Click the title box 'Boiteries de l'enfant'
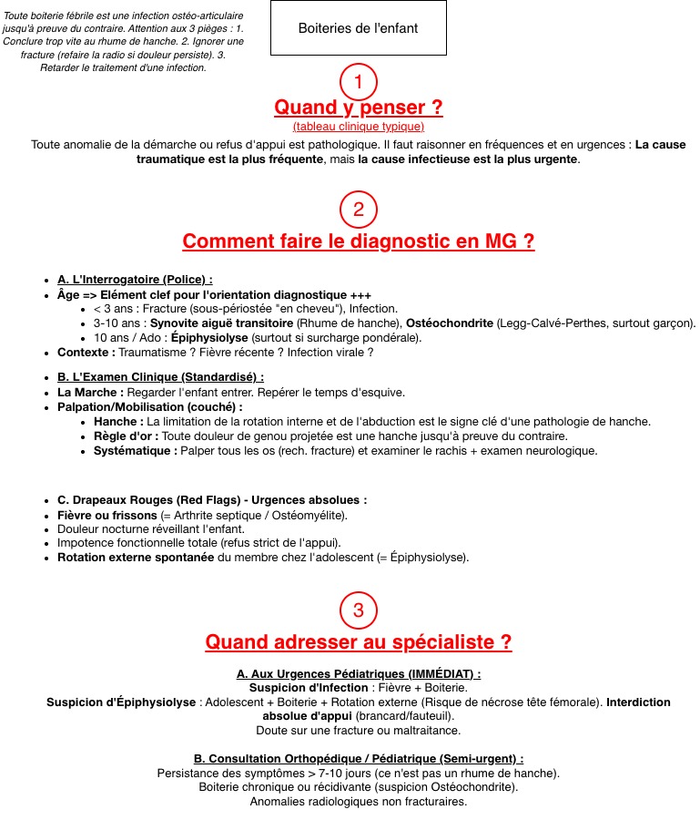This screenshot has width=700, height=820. [358, 28]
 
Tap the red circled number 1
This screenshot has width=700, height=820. [358, 82]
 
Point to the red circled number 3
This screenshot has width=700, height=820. [358, 610]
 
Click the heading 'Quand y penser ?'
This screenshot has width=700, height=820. [358, 108]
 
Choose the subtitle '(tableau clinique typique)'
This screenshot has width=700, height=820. [358, 127]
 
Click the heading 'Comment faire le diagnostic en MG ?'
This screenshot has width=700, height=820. [358, 241]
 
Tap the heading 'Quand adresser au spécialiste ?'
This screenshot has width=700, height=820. [358, 641]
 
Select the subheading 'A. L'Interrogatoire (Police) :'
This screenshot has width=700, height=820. [135, 280]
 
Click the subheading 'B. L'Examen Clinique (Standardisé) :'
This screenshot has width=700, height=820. [160, 376]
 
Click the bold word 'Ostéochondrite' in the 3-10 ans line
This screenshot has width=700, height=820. [450, 323]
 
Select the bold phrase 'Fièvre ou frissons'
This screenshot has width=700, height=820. [107, 515]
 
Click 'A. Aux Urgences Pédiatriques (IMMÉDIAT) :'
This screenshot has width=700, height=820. [358, 673]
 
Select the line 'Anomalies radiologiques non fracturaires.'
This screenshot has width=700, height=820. [358, 802]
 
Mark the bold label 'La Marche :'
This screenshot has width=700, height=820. [90, 392]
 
